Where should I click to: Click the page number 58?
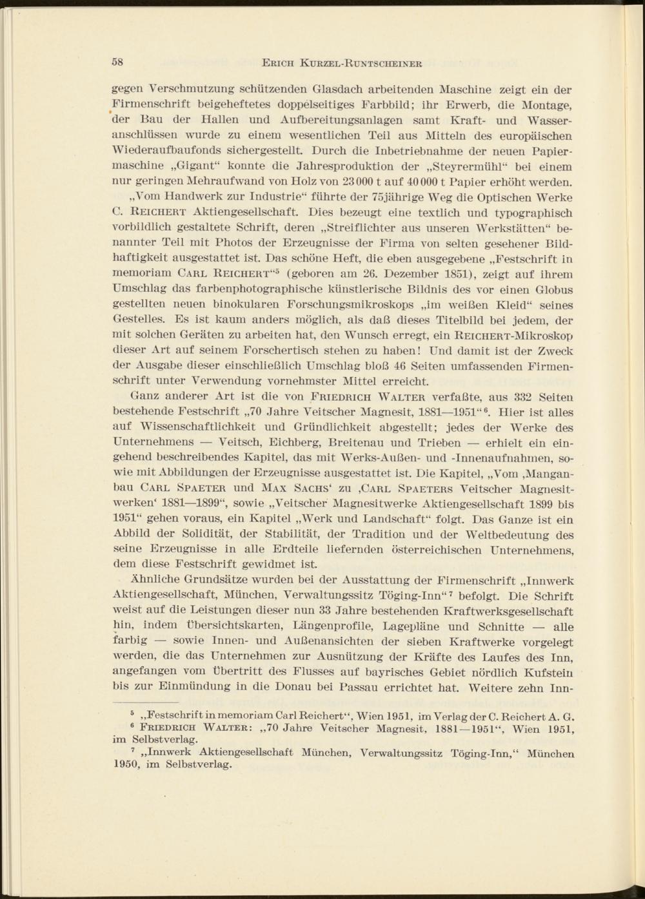118,63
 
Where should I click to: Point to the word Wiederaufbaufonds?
161,151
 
